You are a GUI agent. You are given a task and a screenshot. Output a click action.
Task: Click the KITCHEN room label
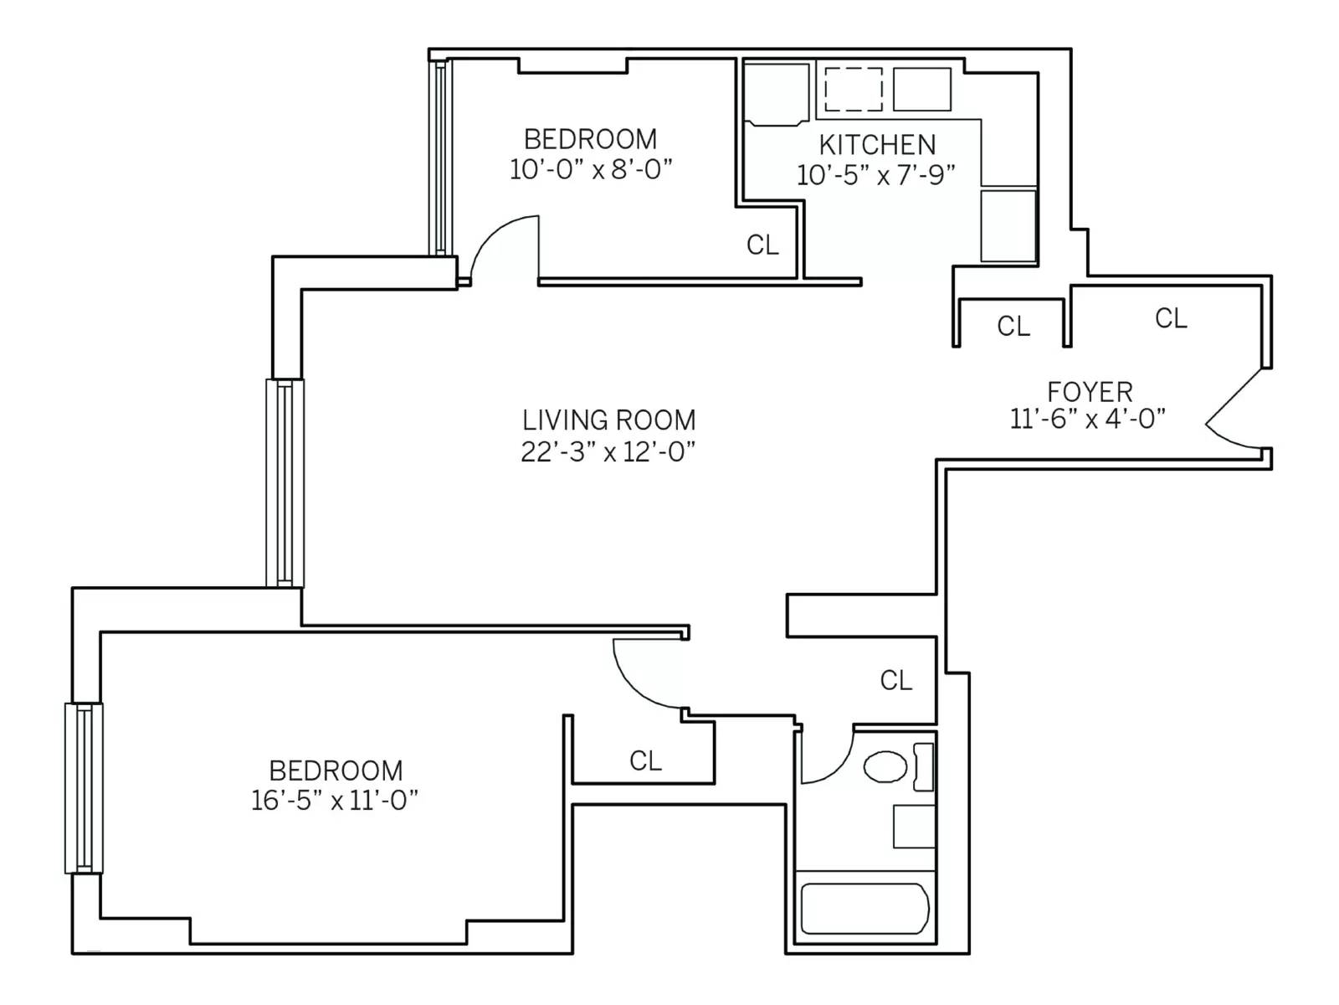[877, 145]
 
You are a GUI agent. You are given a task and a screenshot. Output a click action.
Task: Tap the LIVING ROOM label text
[608, 420]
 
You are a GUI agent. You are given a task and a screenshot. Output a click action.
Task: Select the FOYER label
[1090, 391]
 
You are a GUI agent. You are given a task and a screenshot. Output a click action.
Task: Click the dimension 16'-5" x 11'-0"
[335, 801]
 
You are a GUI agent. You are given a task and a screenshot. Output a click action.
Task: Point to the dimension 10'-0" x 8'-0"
[591, 169]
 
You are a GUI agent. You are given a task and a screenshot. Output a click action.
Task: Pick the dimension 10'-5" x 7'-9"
[876, 175]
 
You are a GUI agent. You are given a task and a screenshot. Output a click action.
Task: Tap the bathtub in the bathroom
[864, 909]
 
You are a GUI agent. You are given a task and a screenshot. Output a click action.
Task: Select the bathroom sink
[914, 827]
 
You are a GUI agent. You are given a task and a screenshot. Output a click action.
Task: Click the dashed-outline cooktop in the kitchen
[853, 89]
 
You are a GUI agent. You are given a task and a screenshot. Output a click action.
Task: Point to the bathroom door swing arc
[827, 758]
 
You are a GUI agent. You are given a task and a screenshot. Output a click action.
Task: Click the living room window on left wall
[285, 482]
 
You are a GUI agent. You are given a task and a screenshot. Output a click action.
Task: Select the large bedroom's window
[84, 788]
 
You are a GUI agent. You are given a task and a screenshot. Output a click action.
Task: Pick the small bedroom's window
[440, 157]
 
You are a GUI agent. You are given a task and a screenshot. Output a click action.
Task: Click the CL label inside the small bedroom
[762, 245]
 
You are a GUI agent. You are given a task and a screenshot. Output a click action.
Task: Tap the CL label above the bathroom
[895, 679]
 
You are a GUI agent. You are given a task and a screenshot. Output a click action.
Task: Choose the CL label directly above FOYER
[1170, 318]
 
